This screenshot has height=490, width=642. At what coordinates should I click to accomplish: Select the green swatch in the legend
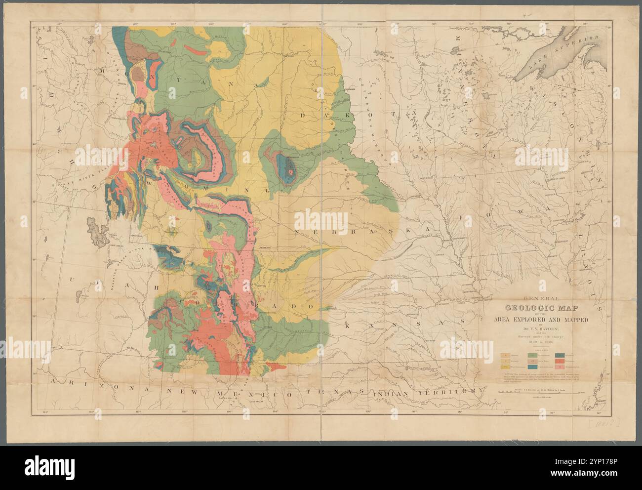pos(534,355)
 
